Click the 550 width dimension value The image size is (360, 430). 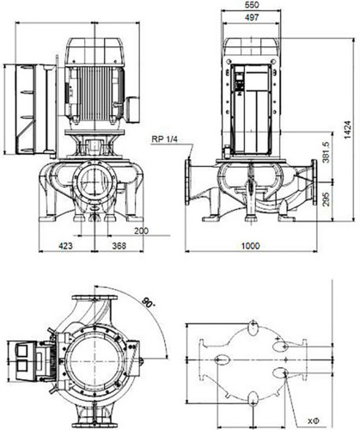[x=252, y=4]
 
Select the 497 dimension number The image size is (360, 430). [x=252, y=17]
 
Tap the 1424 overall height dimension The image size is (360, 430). [x=347, y=130]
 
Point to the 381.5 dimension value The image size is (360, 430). [x=326, y=152]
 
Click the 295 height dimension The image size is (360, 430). [x=326, y=199]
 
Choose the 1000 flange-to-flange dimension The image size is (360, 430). [x=251, y=246]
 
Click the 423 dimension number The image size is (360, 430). [x=65, y=246]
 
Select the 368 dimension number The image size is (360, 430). [x=119, y=246]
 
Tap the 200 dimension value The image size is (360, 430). [x=142, y=230]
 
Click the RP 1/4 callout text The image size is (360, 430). [x=165, y=139]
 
